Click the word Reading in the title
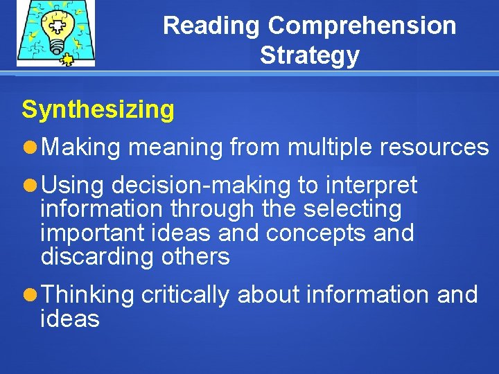(x=212, y=26)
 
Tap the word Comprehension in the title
(x=362, y=26)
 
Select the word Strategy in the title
(x=309, y=55)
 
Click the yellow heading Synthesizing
(x=98, y=109)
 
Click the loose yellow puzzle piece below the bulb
(x=67, y=59)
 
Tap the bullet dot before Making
(x=30, y=147)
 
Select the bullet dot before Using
(x=30, y=186)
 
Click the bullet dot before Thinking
(x=30, y=295)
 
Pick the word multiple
(x=329, y=147)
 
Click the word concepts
(x=315, y=233)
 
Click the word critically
(x=185, y=295)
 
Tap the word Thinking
(x=87, y=295)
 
